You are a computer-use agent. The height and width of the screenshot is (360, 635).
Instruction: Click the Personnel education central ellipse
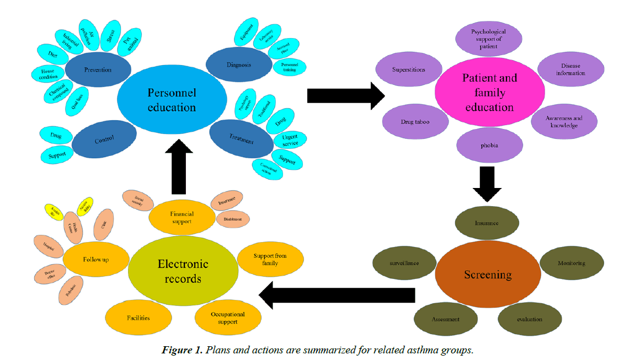[x=172, y=100]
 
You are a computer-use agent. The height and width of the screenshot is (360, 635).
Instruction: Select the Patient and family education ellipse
[x=489, y=93]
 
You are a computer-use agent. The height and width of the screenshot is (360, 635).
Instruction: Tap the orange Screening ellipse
[x=488, y=274]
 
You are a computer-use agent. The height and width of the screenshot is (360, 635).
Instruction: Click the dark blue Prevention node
[x=98, y=70]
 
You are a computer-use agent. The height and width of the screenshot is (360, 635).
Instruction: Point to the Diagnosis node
[x=238, y=65]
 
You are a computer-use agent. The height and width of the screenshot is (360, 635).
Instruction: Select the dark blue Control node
[x=104, y=140]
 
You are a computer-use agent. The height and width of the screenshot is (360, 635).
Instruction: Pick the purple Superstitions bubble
[x=409, y=70]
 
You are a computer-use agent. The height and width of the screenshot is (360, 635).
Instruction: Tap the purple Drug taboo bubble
[x=415, y=121]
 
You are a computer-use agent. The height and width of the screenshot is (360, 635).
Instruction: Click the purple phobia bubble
[x=489, y=146]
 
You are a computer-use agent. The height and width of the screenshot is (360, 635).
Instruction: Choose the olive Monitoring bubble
[x=571, y=263]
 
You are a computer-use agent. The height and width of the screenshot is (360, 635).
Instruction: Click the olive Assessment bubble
[x=445, y=319]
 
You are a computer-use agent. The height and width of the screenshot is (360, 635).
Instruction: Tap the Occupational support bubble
[x=227, y=318]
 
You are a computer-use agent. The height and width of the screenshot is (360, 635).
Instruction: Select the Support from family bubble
[x=270, y=260]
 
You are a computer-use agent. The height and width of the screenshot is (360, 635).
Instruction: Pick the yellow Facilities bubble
[x=138, y=318]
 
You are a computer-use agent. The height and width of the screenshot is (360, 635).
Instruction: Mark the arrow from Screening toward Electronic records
[x=337, y=295]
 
